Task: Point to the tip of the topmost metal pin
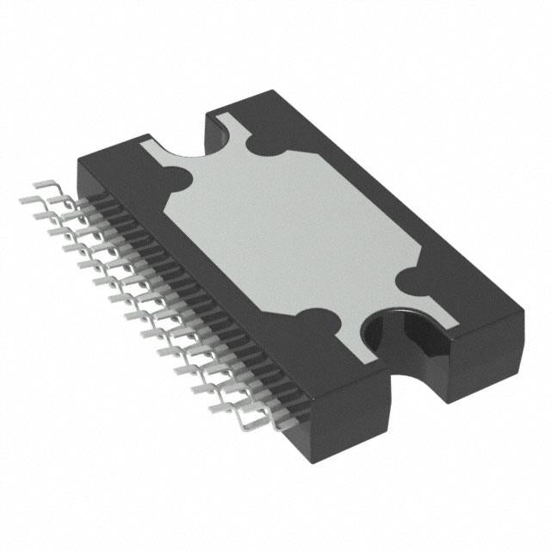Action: [34, 185]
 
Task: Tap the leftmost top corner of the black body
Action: [80, 156]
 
